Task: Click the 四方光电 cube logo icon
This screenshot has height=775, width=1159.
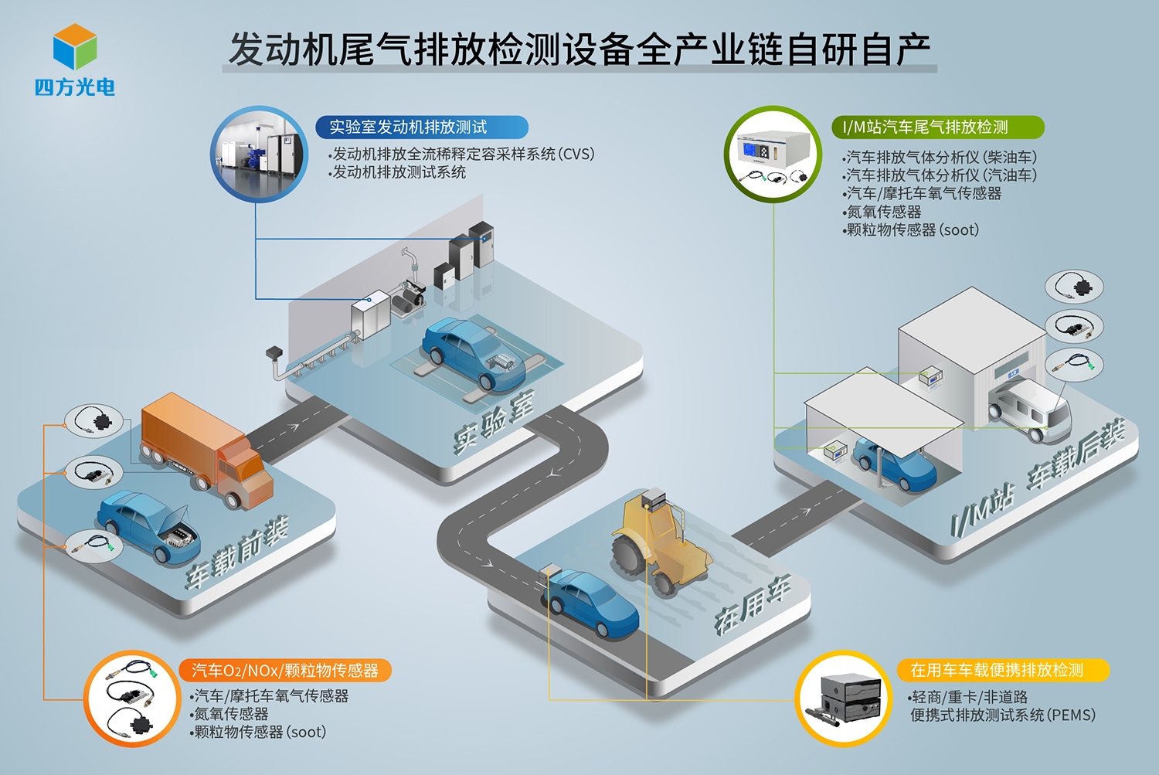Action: tap(75, 46)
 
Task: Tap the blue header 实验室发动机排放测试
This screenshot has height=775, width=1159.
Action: tap(422, 127)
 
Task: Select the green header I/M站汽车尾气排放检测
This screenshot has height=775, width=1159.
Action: tap(937, 127)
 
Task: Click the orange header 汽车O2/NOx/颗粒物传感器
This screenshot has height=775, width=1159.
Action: tap(285, 671)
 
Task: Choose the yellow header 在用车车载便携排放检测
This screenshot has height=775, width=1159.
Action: tap(1003, 671)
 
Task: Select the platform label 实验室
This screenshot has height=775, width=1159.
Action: tap(495, 422)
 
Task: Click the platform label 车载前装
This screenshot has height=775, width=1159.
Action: tap(238, 552)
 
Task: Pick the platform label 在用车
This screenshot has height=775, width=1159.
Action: tap(753, 604)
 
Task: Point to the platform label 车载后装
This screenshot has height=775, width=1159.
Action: tap(1076, 455)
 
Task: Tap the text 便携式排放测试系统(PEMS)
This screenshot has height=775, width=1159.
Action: tap(1003, 715)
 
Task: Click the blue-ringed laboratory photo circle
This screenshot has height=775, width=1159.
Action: tap(259, 154)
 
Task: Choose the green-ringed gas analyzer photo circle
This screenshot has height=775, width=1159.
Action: tap(773, 154)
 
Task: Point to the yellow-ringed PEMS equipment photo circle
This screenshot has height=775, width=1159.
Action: tap(844, 699)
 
